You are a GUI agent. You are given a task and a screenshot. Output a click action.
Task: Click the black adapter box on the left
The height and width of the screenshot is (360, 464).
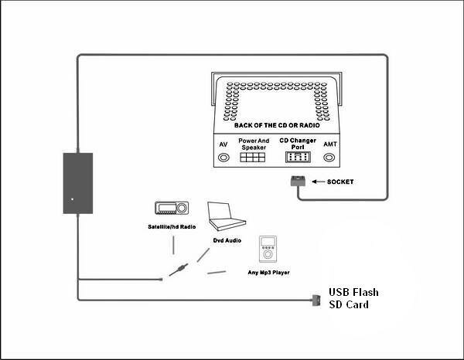click(x=77, y=183)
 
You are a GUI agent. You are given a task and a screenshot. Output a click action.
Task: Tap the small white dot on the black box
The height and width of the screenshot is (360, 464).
click(x=72, y=199)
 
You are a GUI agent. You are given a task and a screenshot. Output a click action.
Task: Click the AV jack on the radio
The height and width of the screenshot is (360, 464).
click(x=224, y=157)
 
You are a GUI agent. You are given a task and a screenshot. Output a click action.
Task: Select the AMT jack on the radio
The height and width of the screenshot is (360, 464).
click(x=329, y=157)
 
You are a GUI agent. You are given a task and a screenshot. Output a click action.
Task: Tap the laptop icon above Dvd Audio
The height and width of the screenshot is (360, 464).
click(x=226, y=217)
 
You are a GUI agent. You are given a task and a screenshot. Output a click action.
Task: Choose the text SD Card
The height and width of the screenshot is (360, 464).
click(x=348, y=304)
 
